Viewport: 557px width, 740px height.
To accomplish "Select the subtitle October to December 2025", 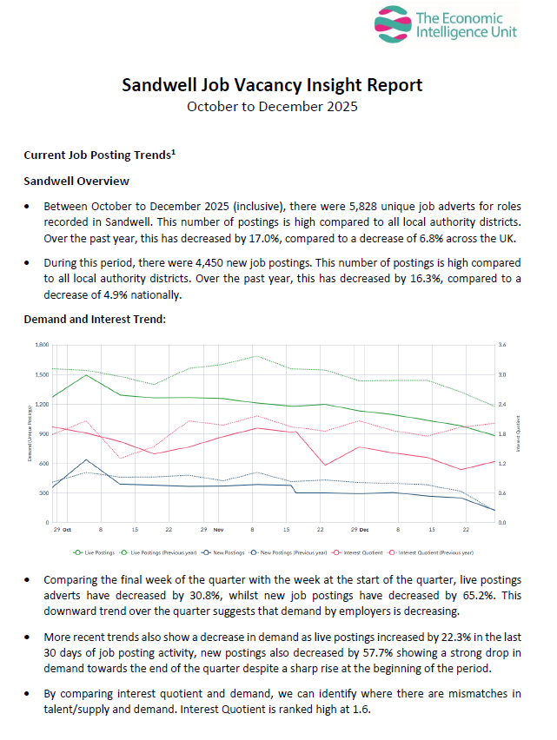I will point(272,107).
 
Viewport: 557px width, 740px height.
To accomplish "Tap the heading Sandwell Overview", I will point(76,181).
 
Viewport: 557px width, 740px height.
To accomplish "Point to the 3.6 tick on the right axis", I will point(502,345).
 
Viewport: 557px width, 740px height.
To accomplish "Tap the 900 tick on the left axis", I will point(43,434).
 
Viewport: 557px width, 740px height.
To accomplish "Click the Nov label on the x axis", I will point(218,529).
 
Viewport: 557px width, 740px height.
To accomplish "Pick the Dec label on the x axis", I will point(364,529).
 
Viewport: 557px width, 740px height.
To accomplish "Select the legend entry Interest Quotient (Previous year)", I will point(436,551).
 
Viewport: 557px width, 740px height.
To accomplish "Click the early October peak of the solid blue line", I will point(86,459).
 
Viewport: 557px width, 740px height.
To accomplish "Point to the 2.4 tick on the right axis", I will point(502,405).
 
